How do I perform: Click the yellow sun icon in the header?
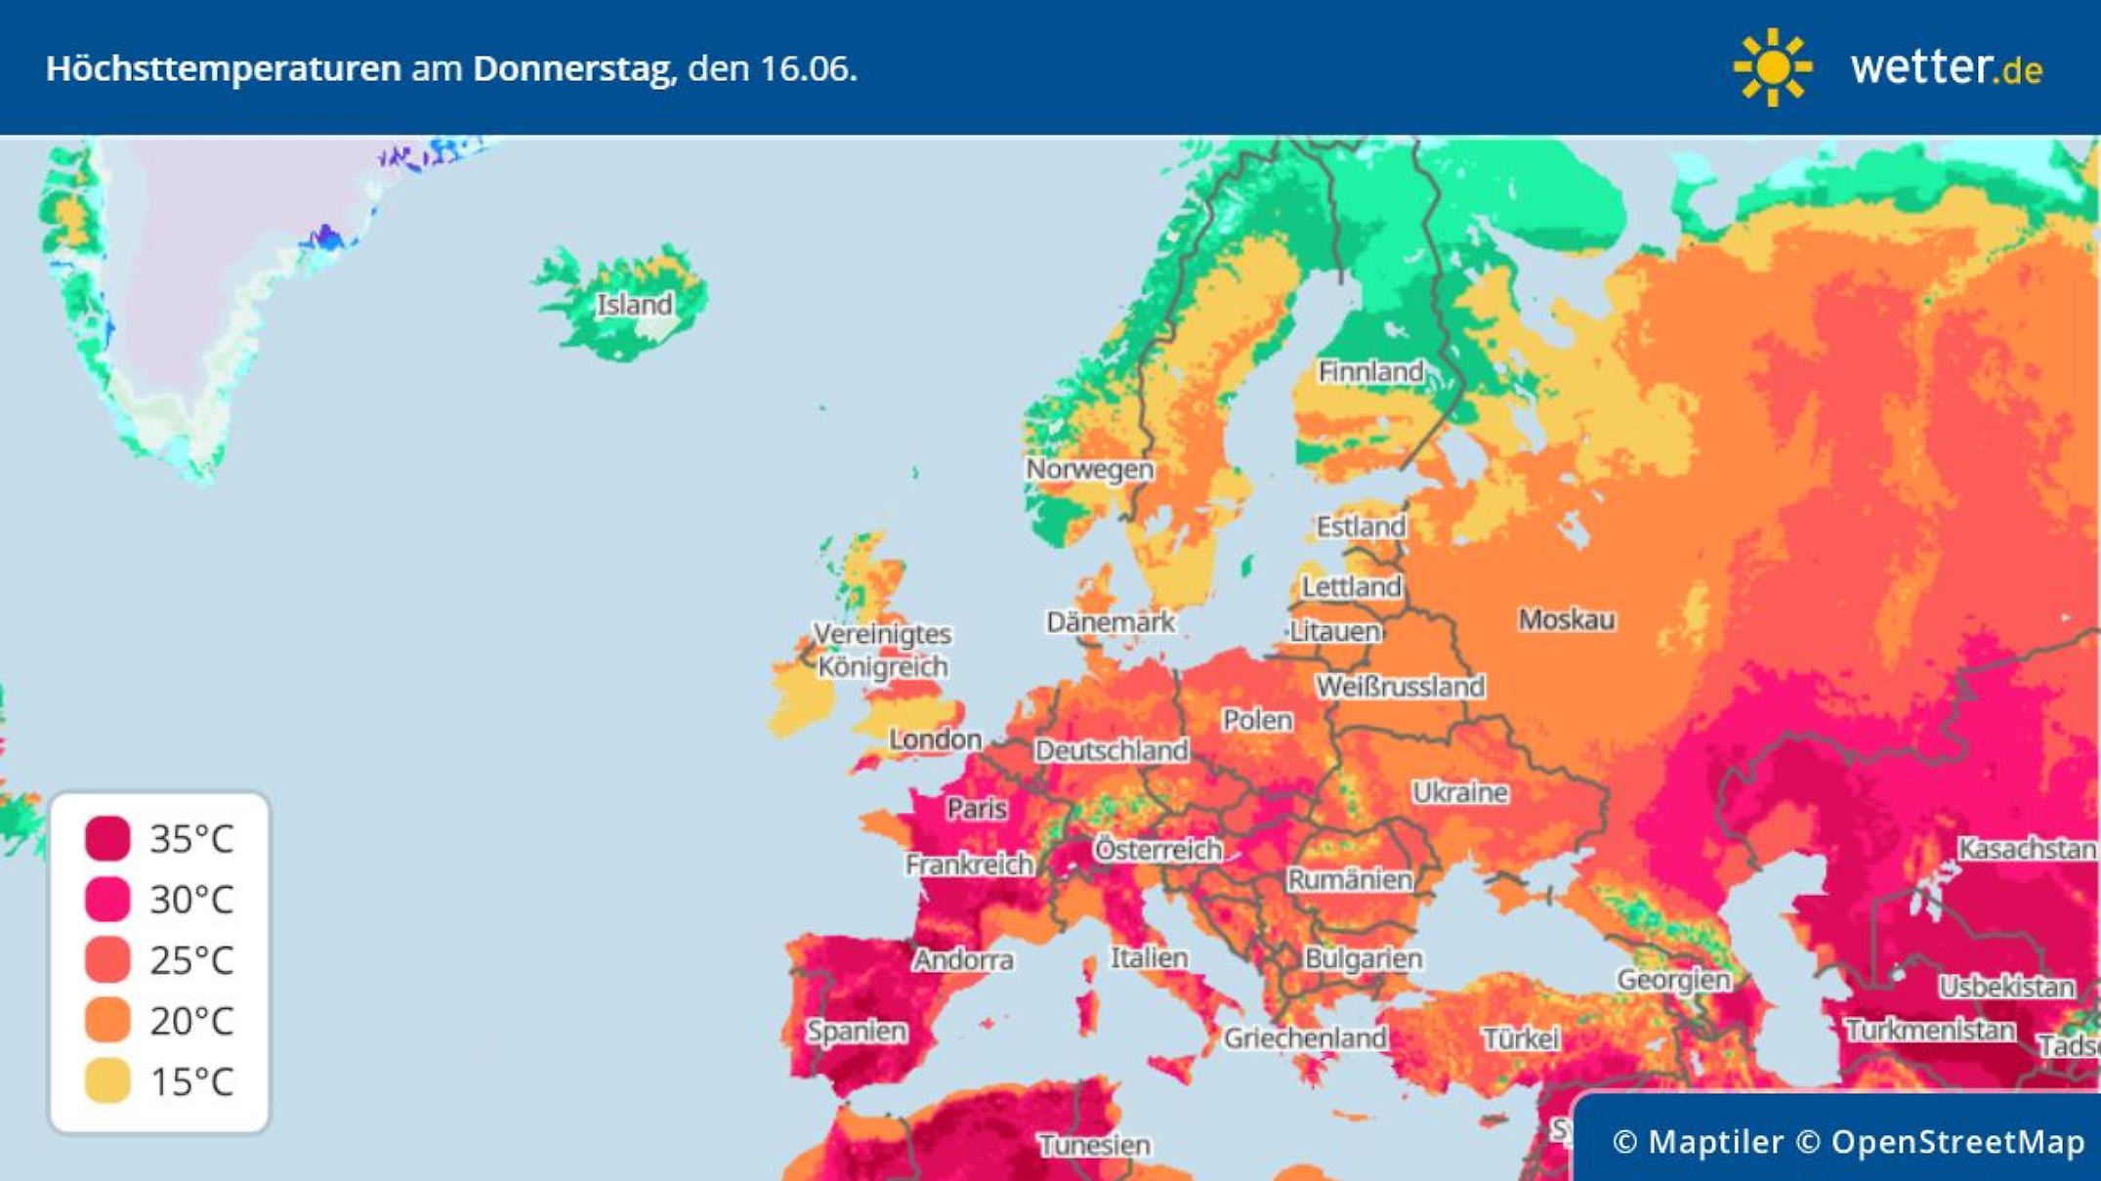tap(1772, 67)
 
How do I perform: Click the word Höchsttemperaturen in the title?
tap(224, 68)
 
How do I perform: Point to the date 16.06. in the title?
tap(808, 68)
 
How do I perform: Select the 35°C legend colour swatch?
tap(107, 838)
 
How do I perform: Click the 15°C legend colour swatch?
tap(107, 1081)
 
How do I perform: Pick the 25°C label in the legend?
tap(191, 960)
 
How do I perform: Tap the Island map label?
tap(635, 304)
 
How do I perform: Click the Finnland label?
tap(1370, 371)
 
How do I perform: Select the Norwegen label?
tap(1089, 469)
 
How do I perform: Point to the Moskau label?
tap(1566, 619)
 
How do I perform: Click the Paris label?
tap(976, 808)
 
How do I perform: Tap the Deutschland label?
tap(1112, 750)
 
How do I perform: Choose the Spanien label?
tap(857, 1031)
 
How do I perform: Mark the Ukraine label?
tap(1460, 792)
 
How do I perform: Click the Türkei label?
tap(1521, 1038)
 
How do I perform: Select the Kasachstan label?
tap(2027, 849)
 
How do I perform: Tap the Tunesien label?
tap(1094, 1144)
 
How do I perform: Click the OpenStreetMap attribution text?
tap(1957, 1141)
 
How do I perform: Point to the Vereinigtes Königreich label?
tap(882, 651)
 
